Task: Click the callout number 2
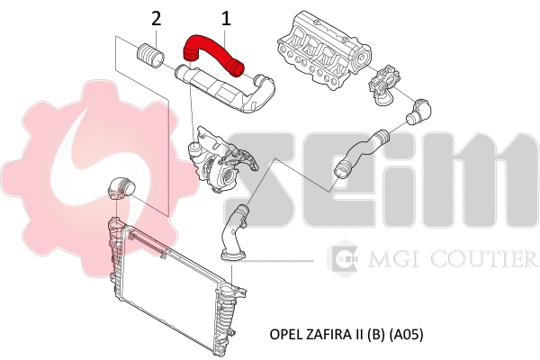click(x=157, y=17)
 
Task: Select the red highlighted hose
click(x=213, y=52)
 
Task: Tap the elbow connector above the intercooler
click(x=120, y=188)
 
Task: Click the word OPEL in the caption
click(x=286, y=334)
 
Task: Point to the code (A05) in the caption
click(x=404, y=334)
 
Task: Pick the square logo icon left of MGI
click(x=346, y=259)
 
